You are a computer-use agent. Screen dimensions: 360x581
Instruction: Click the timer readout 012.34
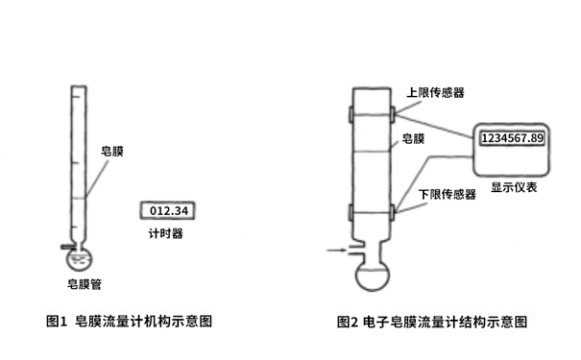pyautogui.click(x=168, y=209)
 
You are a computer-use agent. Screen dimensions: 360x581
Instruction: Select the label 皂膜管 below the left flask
pyautogui.click(x=85, y=282)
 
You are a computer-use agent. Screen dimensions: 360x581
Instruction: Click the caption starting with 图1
pyautogui.click(x=135, y=322)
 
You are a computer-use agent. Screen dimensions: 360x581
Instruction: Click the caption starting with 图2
pyautogui.click(x=432, y=322)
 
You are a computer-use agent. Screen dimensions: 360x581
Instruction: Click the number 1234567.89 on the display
pyautogui.click(x=512, y=138)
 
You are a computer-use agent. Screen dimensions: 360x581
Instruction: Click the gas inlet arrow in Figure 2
pyautogui.click(x=337, y=252)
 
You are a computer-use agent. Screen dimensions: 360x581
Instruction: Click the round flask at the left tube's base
pyautogui.click(x=78, y=256)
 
